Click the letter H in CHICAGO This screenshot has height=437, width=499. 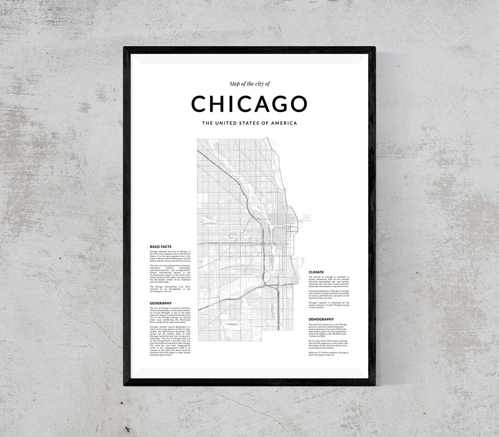click(x=216, y=104)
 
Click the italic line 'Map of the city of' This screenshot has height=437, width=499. click(x=249, y=84)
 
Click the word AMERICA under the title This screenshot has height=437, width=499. click(x=282, y=123)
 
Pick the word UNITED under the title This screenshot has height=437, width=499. click(x=226, y=123)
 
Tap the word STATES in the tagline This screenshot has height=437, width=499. click(x=251, y=123)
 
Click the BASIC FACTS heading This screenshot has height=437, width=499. click(x=160, y=246)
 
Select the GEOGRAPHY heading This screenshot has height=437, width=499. click(x=160, y=303)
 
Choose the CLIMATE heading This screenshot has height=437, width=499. click(x=316, y=272)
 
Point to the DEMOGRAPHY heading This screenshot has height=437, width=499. click(x=321, y=319)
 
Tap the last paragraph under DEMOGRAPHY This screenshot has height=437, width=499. click(x=329, y=353)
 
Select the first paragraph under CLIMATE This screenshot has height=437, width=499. click(x=329, y=282)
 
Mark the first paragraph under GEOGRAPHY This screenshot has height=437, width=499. click(x=170, y=314)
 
